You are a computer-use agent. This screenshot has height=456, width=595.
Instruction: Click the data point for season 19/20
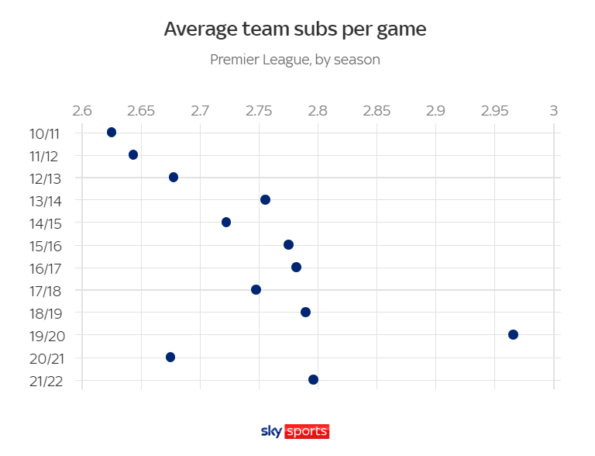click(513, 334)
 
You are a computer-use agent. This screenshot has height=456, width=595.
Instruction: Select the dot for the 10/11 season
click(112, 133)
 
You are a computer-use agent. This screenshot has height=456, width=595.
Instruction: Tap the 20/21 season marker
click(170, 357)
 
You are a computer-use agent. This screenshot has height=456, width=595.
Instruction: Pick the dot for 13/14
click(265, 200)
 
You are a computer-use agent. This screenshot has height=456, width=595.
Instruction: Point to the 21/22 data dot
click(313, 379)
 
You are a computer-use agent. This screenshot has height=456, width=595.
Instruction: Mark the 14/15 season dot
click(226, 223)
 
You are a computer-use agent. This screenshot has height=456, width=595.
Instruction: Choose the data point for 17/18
click(256, 290)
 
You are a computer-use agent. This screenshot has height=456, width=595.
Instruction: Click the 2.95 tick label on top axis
click(494, 110)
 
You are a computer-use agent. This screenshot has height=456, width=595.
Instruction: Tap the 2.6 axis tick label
click(82, 110)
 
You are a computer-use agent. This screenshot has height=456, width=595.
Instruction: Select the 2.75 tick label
click(259, 110)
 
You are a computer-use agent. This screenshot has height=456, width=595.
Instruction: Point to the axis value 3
click(553, 110)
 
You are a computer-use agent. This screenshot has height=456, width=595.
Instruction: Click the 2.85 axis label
click(377, 110)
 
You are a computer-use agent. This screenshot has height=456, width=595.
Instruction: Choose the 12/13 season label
click(44, 178)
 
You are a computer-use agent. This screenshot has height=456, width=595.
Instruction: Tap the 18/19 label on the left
click(44, 313)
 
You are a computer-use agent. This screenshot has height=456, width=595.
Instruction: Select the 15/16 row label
click(44, 246)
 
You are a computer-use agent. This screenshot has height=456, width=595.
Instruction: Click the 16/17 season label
click(44, 268)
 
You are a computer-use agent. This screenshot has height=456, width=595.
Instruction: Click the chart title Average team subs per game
click(295, 29)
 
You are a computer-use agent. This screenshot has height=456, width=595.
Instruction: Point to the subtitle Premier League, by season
click(295, 60)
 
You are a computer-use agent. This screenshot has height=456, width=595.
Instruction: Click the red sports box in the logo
click(308, 431)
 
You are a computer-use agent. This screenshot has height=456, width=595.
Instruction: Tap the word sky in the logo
click(272, 431)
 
